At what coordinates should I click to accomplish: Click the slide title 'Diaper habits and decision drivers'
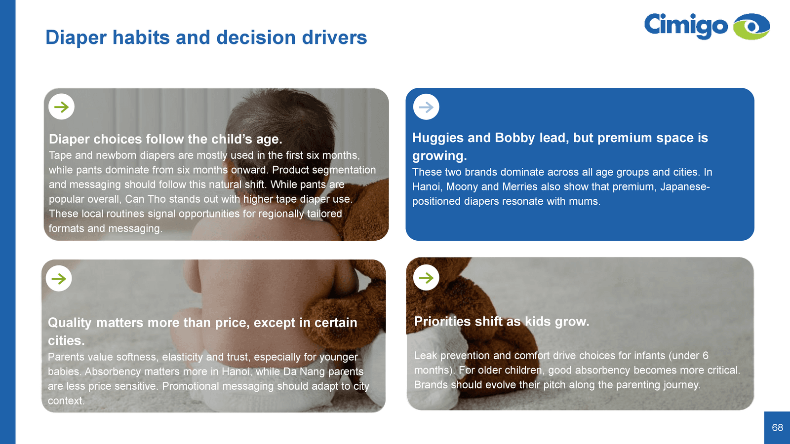[x=206, y=37]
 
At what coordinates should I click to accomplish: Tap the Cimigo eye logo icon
[x=751, y=27]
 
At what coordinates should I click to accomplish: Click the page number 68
[x=777, y=427]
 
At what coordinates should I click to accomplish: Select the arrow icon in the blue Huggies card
[x=426, y=107]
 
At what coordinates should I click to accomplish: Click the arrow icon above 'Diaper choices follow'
[x=61, y=107]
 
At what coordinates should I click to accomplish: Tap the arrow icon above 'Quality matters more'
[x=59, y=278]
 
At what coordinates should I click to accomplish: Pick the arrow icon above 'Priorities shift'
[x=426, y=278]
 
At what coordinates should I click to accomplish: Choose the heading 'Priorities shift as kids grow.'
[x=502, y=321]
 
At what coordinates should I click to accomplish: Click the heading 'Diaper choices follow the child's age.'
[x=165, y=139]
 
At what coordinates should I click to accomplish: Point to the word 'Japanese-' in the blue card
[x=685, y=186]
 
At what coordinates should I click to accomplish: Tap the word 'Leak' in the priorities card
[x=426, y=356]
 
